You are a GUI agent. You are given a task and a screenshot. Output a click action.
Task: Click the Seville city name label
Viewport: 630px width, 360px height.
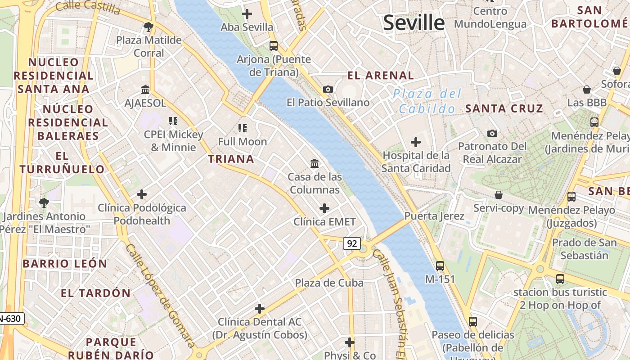pyautogui.click(x=414, y=22)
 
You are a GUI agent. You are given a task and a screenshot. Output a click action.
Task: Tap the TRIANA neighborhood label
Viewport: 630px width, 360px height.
pyautogui.click(x=231, y=159)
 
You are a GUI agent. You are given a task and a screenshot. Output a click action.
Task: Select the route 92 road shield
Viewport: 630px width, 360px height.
pyautogui.click(x=352, y=243)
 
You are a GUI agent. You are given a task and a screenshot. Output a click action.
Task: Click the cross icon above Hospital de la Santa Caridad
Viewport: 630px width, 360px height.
pyautogui.click(x=416, y=143)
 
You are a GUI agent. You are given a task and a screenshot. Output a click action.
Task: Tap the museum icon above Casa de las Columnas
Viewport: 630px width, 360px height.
pyautogui.click(x=315, y=163)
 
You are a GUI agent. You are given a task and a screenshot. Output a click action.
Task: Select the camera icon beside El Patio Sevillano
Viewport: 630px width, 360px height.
pyautogui.click(x=328, y=89)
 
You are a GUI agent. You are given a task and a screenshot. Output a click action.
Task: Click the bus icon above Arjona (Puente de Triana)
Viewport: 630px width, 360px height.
pyautogui.click(x=274, y=45)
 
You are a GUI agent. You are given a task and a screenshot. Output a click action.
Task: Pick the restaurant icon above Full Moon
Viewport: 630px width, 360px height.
pyautogui.click(x=243, y=128)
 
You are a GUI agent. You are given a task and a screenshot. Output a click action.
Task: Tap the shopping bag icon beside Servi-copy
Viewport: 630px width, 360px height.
pyautogui.click(x=499, y=195)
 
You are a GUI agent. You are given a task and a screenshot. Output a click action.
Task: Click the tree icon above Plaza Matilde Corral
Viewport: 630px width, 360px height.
pyautogui.click(x=148, y=27)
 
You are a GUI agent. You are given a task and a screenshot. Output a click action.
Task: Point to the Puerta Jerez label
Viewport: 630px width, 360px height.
pyautogui.click(x=434, y=216)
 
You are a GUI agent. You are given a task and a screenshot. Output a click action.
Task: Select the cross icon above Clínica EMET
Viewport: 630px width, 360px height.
pyautogui.click(x=324, y=208)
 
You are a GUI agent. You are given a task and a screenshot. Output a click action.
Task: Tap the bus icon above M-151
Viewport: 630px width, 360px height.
pyautogui.click(x=440, y=265)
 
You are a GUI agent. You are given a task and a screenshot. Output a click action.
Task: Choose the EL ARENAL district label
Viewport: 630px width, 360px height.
pyautogui.click(x=381, y=76)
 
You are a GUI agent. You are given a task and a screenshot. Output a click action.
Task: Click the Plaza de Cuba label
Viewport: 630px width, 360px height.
pyautogui.click(x=329, y=283)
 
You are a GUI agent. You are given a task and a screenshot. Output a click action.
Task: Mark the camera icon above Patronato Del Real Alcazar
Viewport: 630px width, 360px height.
pyautogui.click(x=492, y=133)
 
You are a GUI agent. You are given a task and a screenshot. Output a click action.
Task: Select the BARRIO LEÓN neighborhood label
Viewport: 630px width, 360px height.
pyautogui.click(x=65, y=264)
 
